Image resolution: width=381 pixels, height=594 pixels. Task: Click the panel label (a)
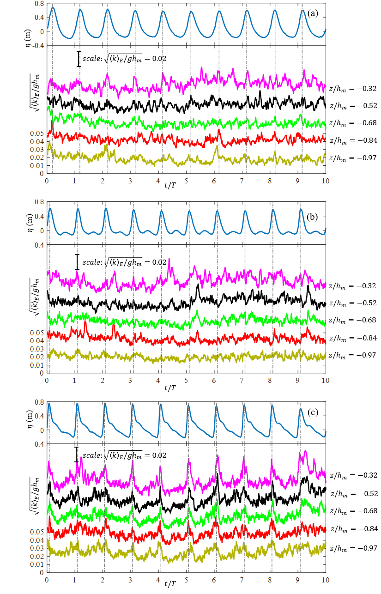coord(313,13)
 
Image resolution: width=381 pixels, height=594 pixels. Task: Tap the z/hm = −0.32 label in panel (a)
coord(353,88)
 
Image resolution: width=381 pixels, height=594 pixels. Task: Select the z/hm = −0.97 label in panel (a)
coord(353,158)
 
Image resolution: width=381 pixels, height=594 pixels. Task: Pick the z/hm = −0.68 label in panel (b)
coord(353,320)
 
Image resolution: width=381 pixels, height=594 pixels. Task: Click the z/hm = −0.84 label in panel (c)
coord(353,528)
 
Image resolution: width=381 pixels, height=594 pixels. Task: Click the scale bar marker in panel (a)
coord(79,59)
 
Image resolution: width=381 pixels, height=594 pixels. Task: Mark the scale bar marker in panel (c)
coord(76,455)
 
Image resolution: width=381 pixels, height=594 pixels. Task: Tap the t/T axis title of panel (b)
coord(169,386)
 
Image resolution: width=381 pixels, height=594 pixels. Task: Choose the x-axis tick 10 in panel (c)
coord(326,579)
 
